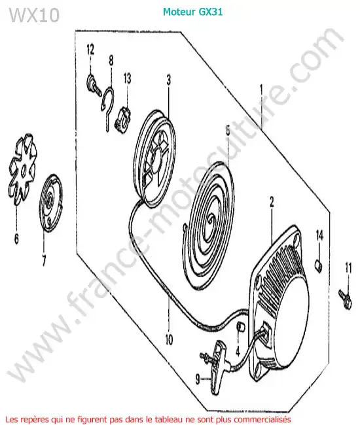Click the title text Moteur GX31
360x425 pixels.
coord(192,12)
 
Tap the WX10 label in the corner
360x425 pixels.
coord(35,15)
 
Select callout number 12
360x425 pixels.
coord(90,50)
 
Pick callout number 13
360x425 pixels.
coord(127,78)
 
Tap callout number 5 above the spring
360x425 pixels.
coord(228,131)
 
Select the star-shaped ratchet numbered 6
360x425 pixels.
coord(23,169)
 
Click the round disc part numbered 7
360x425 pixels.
coord(51,203)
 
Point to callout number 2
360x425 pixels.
coord(272,202)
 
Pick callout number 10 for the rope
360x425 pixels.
coord(169,339)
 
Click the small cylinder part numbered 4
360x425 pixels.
coord(241,326)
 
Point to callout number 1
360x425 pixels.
coord(261,90)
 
